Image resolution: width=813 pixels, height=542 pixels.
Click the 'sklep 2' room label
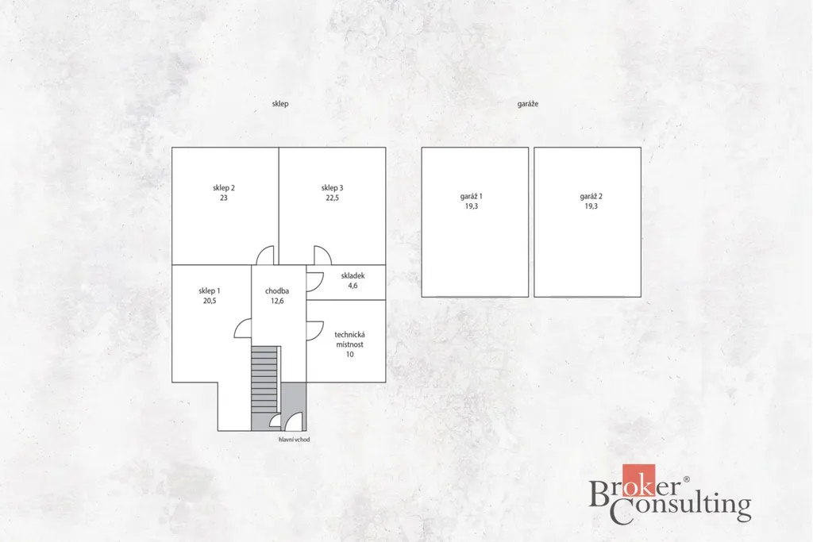(223, 187)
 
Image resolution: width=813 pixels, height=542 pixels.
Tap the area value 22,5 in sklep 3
(333, 198)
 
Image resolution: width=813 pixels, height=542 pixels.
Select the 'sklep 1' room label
(210, 290)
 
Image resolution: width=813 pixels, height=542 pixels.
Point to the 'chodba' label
(277, 290)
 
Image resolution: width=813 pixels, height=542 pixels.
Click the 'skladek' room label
(353, 275)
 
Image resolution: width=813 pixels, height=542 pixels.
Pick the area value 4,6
(353, 286)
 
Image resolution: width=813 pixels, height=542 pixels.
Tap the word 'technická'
(349, 335)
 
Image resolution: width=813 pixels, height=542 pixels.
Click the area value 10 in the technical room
(350, 355)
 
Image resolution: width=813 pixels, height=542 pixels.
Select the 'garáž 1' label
(472, 196)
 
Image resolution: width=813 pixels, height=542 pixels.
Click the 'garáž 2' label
(591, 196)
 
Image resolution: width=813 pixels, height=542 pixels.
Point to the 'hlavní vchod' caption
(294, 440)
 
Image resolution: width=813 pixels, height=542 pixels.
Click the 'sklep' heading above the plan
(280, 104)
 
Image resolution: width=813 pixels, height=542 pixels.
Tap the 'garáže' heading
(528, 104)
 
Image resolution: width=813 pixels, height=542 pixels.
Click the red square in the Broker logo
(639, 480)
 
